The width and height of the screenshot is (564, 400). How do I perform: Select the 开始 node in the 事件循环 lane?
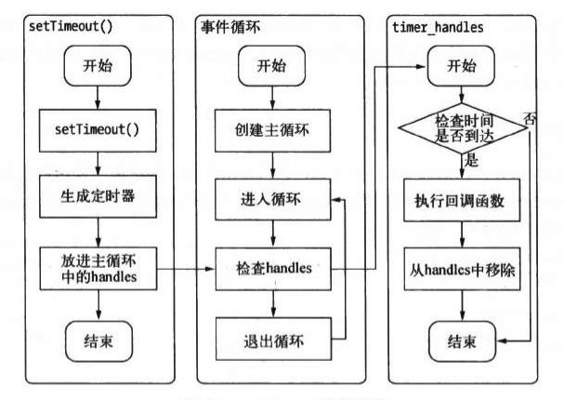coord(271,65)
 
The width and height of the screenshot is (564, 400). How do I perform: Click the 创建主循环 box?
coord(271,128)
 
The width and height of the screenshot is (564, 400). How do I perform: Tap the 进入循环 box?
coord(271,198)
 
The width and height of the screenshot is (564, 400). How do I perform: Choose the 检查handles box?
coord(271,269)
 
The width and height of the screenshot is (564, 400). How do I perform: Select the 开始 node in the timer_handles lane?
coord(461,65)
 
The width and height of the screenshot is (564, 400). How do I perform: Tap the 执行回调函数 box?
coord(461,201)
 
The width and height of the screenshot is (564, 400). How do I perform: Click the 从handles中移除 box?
coord(461,273)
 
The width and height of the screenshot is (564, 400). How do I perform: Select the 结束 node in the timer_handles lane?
coord(461,339)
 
